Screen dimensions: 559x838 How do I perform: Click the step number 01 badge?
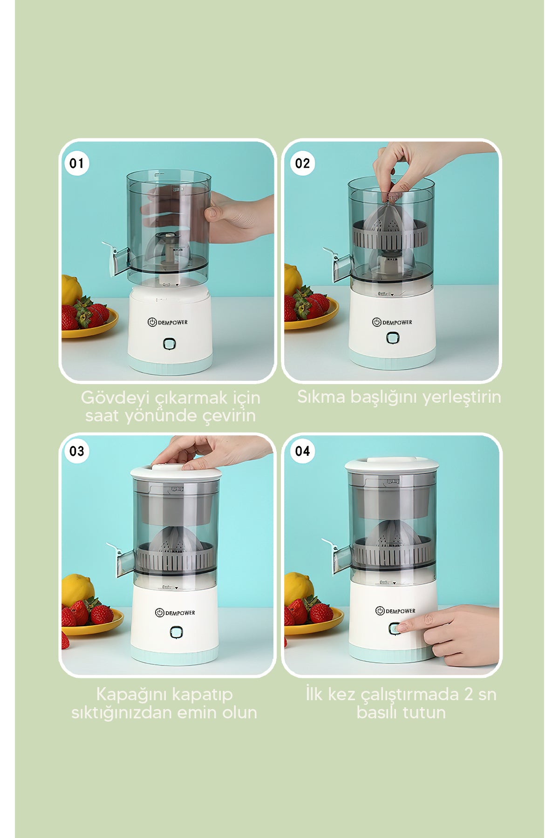tap(76, 163)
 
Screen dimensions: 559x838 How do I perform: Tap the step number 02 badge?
tap(302, 163)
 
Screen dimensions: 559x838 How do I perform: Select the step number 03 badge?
tap(76, 451)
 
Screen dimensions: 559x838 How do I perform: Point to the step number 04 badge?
tap(302, 451)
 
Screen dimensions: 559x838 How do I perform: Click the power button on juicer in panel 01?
tap(170, 344)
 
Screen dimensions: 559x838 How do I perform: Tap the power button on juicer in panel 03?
tap(176, 632)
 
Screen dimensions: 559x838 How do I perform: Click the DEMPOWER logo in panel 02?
tap(392, 322)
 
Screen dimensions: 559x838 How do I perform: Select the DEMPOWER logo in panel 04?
tap(395, 611)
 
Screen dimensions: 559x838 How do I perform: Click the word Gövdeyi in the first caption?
tap(115, 398)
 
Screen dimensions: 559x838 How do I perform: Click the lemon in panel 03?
tap(77, 588)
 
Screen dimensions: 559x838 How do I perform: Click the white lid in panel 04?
tap(392, 465)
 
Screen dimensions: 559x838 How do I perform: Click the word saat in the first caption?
tap(102, 416)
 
